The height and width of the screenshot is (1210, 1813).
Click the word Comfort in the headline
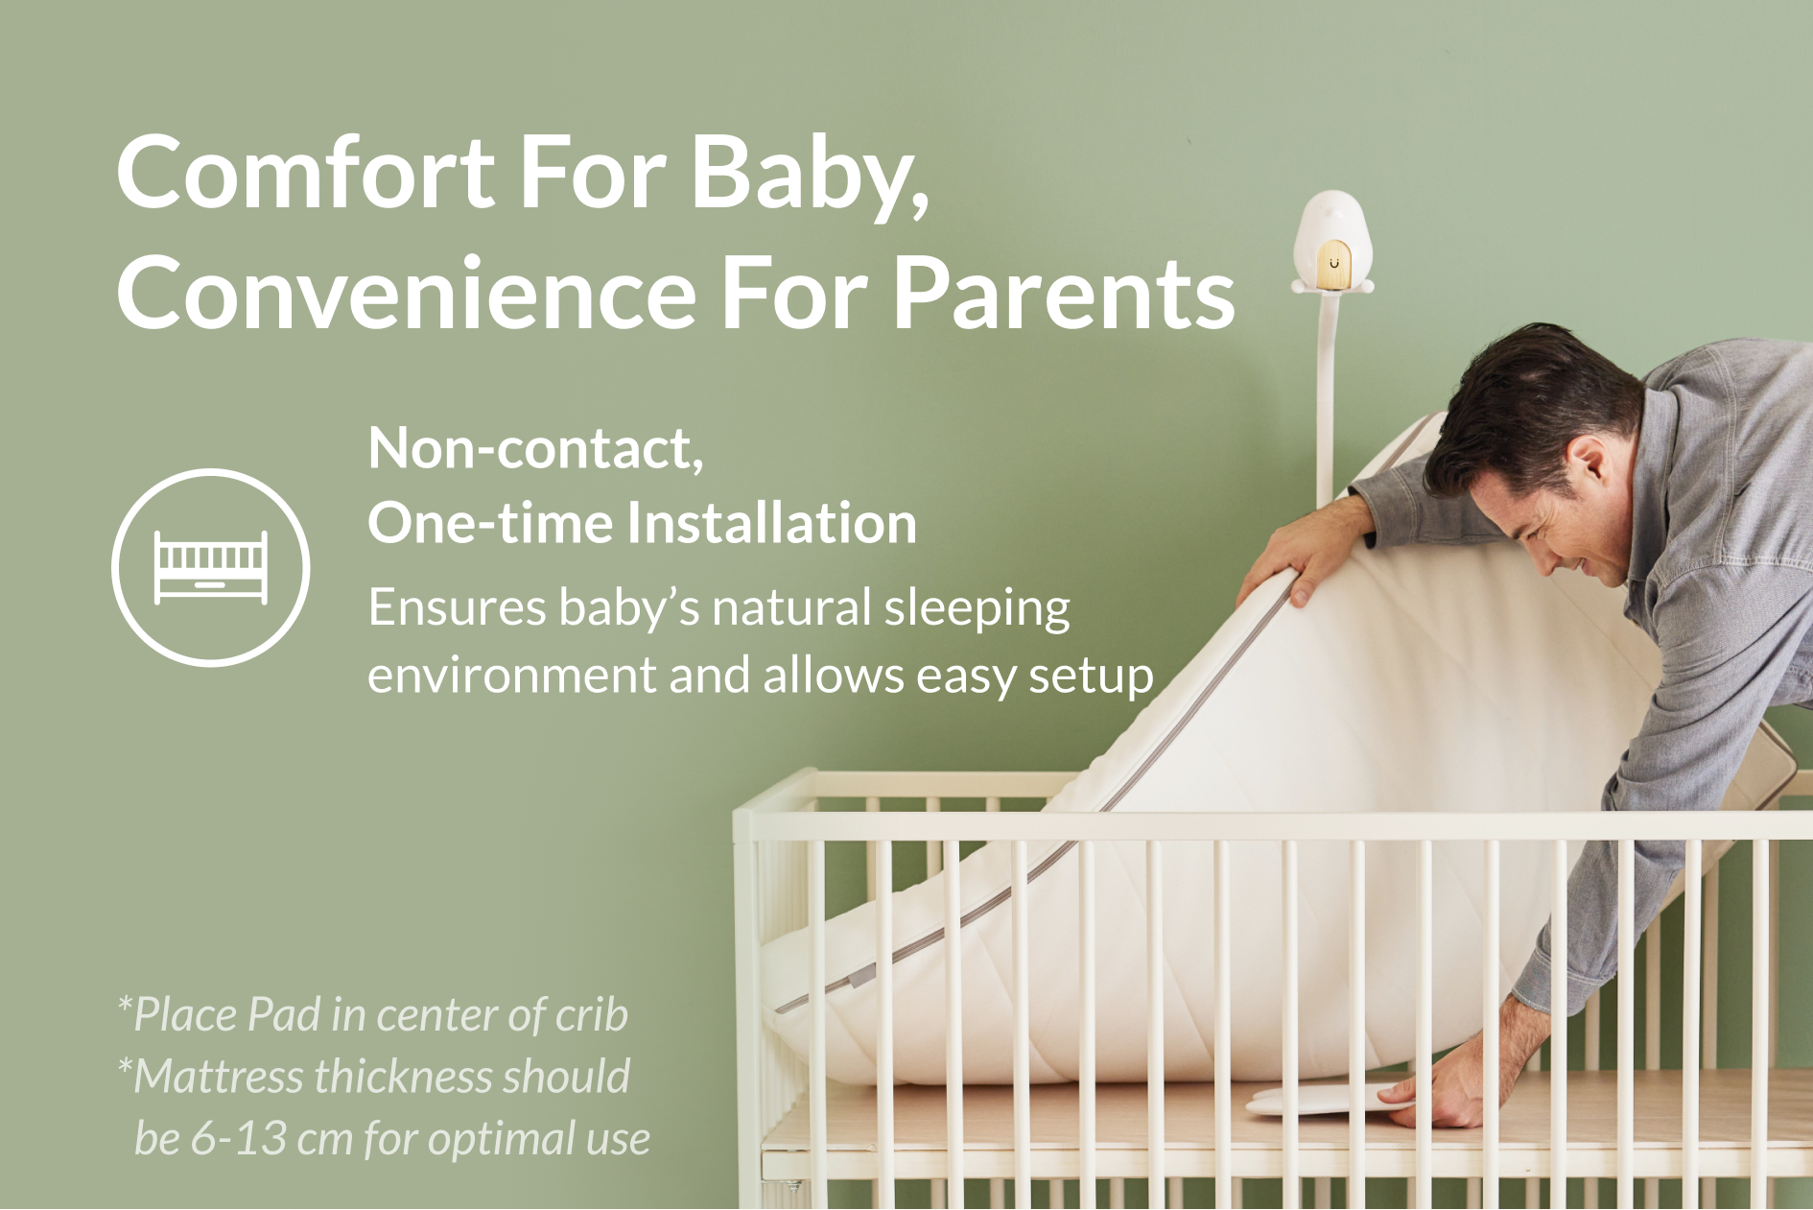tap(306, 173)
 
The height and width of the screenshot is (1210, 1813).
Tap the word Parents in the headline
tap(1064, 294)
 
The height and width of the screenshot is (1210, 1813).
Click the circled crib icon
tap(211, 567)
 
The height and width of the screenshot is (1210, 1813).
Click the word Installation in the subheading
tap(772, 523)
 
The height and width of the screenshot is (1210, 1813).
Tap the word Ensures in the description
tap(458, 607)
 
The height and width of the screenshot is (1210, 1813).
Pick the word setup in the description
tap(1091, 677)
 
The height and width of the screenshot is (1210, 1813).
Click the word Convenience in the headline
tap(407, 294)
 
